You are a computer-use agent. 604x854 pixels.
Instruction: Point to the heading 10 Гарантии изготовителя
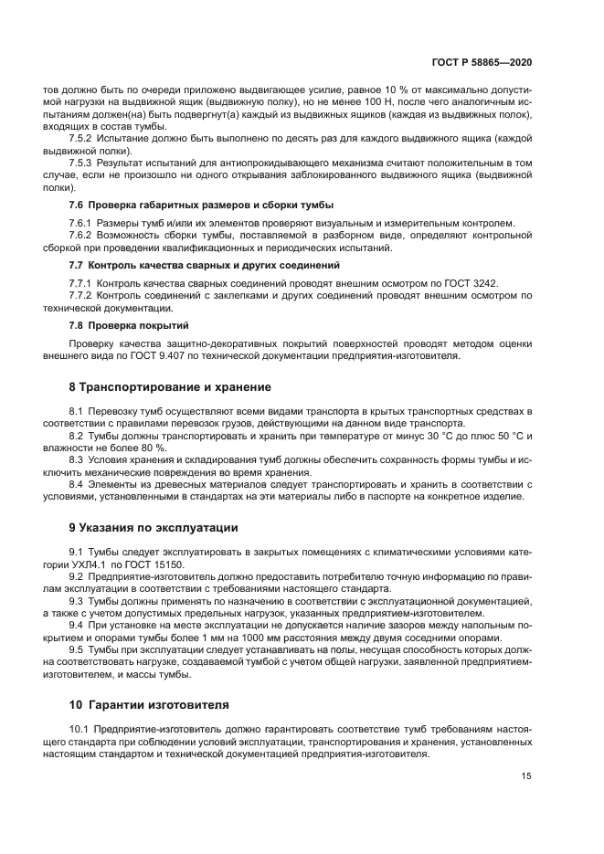pyautogui.click(x=150, y=704)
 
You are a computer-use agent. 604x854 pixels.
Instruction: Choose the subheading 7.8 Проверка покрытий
pyautogui.click(x=130, y=324)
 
